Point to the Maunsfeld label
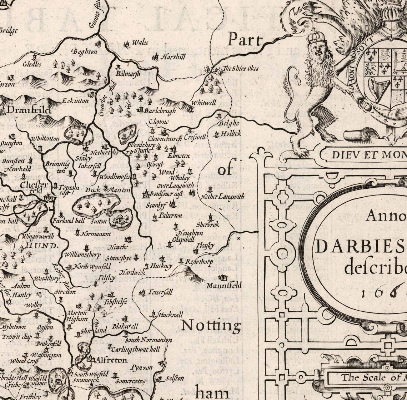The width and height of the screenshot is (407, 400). pyautogui.click(x=224, y=285)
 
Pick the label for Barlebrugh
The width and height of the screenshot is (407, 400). pyautogui.click(x=160, y=111)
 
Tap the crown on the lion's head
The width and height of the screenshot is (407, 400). pyautogui.click(x=316, y=37)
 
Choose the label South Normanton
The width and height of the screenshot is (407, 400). pyautogui.click(x=148, y=340)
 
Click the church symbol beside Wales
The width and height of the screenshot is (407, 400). pyautogui.click(x=126, y=45)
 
